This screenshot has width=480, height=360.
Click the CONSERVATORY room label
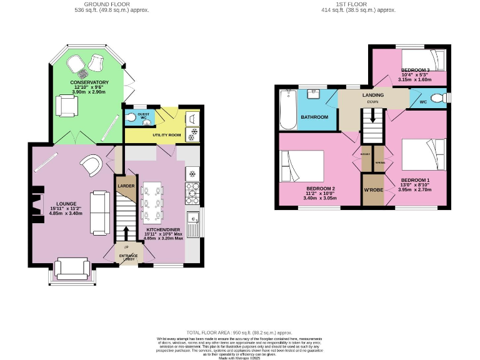[89, 82]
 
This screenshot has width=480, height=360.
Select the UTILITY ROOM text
[166, 135]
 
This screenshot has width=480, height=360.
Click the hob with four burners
[192, 192]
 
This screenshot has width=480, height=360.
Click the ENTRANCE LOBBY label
[129, 256]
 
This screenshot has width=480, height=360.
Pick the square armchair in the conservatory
[67, 106]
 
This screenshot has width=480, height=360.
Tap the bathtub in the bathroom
[288, 109]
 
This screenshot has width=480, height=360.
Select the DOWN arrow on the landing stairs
[373, 116]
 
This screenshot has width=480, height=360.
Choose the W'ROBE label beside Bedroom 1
[373, 190]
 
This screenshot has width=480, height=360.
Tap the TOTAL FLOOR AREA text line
[239, 333]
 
